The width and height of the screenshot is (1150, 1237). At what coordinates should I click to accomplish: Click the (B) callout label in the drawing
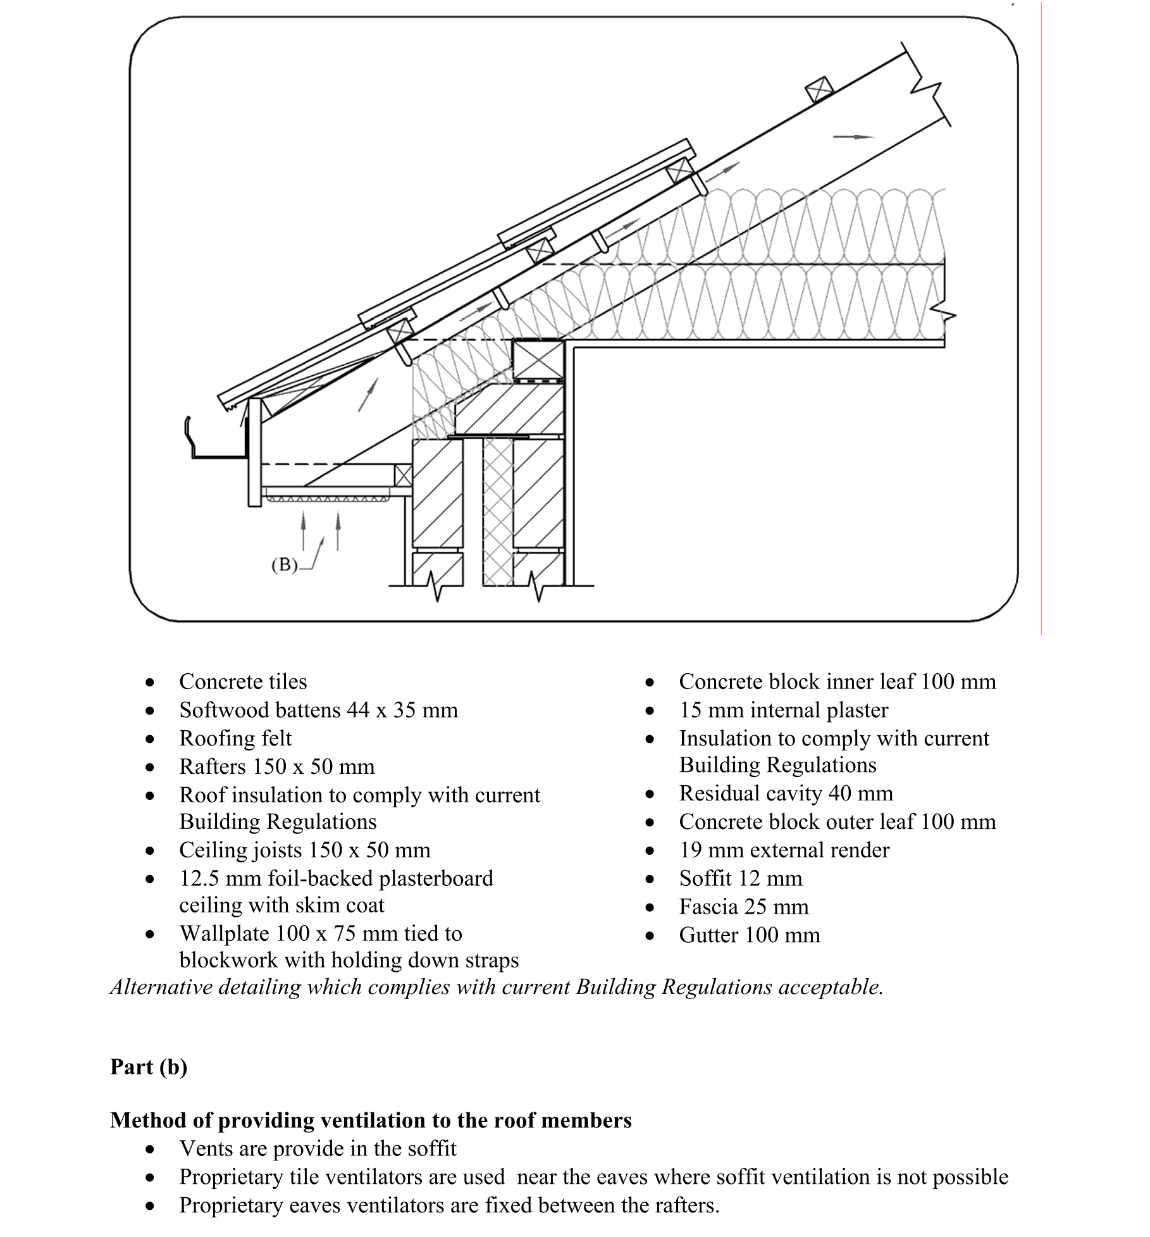tap(284, 564)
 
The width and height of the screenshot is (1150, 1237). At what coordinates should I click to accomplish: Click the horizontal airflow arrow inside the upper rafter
tap(853, 136)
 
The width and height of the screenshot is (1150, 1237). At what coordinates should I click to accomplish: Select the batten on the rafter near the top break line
tap(819, 90)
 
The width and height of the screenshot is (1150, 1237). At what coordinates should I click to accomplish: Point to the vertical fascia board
tap(254, 452)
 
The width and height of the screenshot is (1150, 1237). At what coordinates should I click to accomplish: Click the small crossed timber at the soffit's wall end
tap(403, 475)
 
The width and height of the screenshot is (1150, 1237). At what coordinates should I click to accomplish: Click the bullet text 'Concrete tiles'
tap(243, 681)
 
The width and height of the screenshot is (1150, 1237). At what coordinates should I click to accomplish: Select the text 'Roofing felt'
tap(235, 738)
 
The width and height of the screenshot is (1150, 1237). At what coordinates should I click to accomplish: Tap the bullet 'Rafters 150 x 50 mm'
tap(276, 767)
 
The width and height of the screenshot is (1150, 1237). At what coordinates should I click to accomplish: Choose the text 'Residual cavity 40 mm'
tap(786, 793)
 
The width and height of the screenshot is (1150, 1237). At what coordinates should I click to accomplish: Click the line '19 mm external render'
tap(784, 850)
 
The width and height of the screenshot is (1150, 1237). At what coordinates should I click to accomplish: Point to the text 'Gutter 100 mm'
tap(749, 935)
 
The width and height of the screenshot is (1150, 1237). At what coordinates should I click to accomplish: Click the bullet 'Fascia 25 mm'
tap(743, 907)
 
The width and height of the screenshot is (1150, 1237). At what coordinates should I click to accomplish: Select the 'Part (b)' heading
tap(149, 1067)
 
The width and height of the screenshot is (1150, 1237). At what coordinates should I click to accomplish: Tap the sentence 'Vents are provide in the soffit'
tap(318, 1148)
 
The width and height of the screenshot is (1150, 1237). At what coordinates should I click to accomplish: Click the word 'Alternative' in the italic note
tap(161, 987)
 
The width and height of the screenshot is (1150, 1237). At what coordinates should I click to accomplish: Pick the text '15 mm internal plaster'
tap(783, 710)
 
